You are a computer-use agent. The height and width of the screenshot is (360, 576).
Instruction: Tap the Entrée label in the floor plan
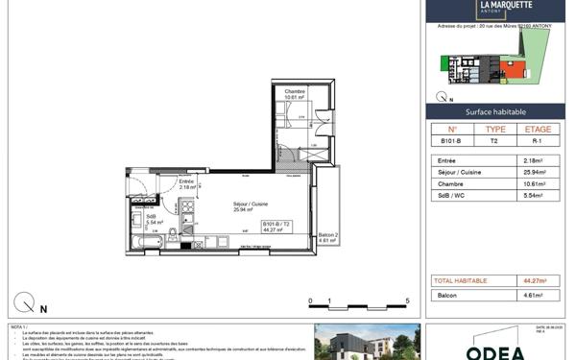click(186, 181)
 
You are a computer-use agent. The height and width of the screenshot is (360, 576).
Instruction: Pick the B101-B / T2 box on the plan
click(276, 227)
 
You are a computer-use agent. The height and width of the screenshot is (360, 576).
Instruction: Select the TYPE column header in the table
click(495, 129)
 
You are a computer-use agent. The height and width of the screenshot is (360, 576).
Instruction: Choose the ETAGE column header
click(539, 129)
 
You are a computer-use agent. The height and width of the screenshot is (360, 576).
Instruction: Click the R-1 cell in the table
click(539, 141)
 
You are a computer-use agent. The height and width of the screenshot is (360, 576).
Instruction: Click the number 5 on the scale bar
click(408, 300)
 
